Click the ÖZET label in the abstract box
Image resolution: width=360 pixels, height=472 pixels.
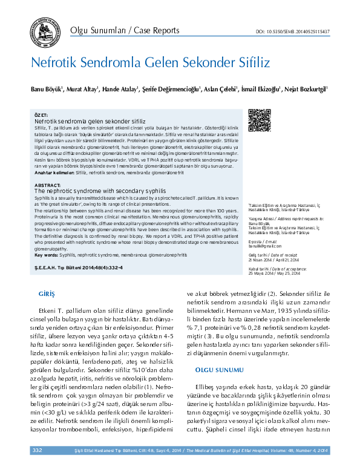(x=41, y=115)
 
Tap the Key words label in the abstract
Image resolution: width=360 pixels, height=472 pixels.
(x=47, y=238)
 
